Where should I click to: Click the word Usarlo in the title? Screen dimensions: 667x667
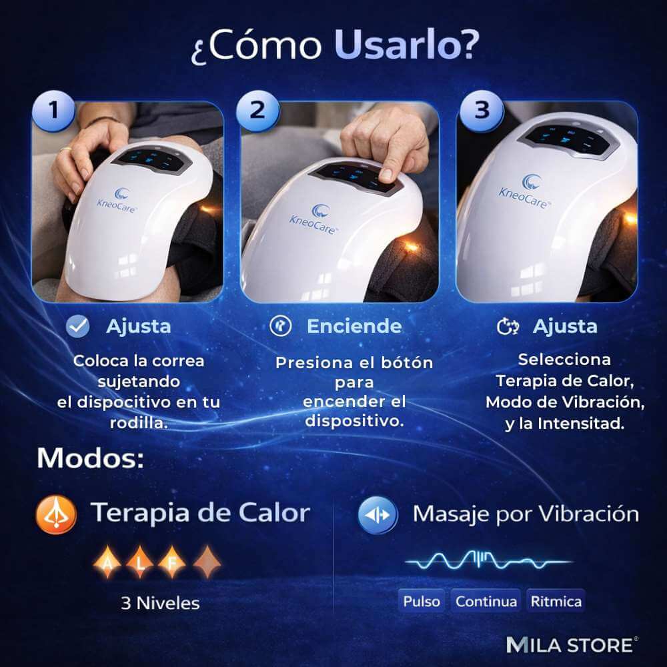[402, 45]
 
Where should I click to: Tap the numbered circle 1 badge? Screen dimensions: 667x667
[53, 111]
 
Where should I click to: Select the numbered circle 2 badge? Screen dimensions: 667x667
[257, 111]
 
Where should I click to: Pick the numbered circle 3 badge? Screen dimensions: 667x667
[482, 111]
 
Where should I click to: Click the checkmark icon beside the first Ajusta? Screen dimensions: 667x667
[78, 327]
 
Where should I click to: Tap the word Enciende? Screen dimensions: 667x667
[354, 326]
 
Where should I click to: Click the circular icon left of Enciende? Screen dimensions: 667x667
[281, 326]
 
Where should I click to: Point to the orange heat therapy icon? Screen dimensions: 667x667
[57, 514]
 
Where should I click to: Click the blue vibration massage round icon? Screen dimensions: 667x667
[378, 515]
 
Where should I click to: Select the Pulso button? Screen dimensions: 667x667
[422, 602]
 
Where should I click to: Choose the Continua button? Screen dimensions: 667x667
[486, 602]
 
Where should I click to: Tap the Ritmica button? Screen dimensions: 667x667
[556, 602]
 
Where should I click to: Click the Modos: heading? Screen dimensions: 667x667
[91, 458]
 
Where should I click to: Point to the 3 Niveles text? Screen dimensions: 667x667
[160, 603]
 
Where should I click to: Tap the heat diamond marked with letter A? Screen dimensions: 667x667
[107, 562]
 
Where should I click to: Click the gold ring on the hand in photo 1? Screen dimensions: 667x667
[65, 149]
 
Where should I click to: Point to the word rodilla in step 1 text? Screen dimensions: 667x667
[139, 424]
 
